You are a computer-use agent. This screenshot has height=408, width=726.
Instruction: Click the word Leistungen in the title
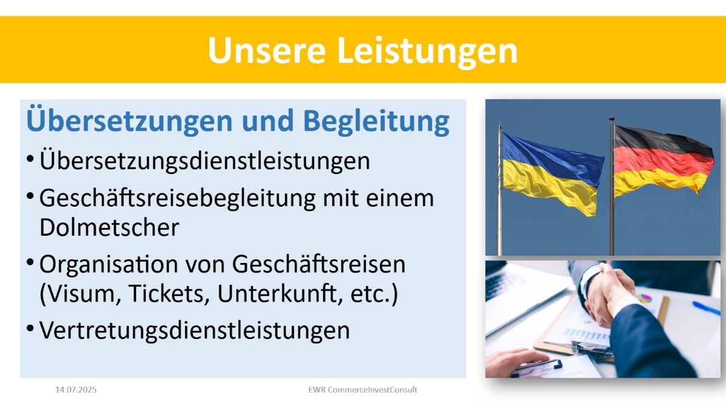click(428, 51)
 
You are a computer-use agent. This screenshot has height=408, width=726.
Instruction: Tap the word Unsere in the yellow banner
click(266, 50)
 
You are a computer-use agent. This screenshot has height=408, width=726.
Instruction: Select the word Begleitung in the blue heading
click(376, 121)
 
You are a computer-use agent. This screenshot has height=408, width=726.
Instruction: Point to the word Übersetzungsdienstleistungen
click(204, 160)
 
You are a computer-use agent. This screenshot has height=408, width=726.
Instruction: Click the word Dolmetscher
click(110, 227)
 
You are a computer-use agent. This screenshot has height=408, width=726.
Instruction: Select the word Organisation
click(108, 265)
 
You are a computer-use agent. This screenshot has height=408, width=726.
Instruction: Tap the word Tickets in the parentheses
click(169, 293)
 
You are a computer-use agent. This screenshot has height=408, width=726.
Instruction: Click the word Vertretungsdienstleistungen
click(194, 331)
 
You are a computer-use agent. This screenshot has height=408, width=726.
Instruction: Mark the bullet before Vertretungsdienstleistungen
click(30, 328)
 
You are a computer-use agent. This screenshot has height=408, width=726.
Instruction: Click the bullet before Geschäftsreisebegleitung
click(30, 196)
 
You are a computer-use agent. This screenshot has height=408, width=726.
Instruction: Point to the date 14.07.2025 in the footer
click(76, 389)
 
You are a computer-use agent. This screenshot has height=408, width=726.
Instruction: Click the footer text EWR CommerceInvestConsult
click(362, 389)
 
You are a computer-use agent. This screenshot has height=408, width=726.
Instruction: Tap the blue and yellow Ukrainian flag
click(551, 174)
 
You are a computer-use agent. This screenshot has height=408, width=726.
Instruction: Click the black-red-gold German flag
click(663, 160)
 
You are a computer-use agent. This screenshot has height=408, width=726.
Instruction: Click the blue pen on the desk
click(707, 308)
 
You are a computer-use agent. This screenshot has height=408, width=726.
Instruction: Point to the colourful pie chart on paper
click(644, 299)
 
